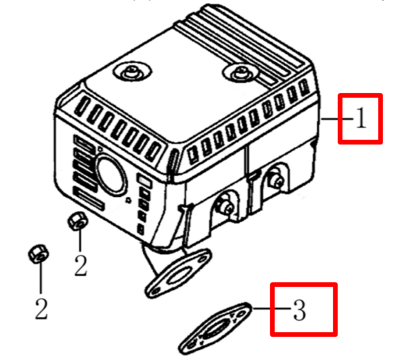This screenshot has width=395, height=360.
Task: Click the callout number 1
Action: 361,118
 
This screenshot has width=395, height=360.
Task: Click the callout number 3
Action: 300,310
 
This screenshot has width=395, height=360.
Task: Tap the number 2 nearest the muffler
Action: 81,265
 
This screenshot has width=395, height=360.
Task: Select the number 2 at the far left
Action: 41,309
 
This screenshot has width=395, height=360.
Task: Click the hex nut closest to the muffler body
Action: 78,221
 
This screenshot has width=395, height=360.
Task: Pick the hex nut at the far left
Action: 38,254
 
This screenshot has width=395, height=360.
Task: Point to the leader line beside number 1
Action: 338,119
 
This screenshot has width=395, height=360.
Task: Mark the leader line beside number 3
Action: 272,308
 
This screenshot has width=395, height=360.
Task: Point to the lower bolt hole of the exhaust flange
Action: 157,291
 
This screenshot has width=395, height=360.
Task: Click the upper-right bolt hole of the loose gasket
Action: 241,314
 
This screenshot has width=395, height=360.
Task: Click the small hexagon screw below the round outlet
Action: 129,200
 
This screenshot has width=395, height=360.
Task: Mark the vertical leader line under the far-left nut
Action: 40,278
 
